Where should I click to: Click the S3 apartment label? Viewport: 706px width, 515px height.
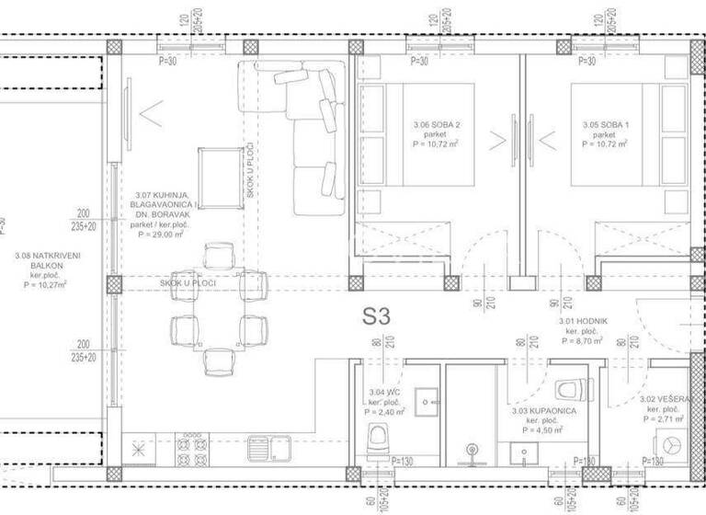376,317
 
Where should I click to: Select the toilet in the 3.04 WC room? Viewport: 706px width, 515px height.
377,441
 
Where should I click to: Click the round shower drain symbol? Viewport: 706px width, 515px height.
473,451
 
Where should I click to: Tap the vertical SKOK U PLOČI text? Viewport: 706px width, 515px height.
249,174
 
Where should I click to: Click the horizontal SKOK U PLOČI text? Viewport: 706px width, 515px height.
188,283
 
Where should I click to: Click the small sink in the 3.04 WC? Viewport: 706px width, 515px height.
427,402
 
